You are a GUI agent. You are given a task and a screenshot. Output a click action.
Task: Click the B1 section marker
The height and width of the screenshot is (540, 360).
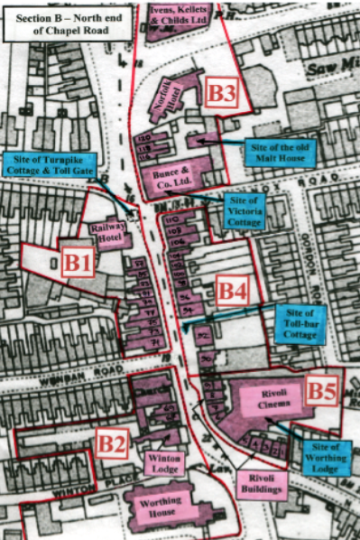click(77, 263)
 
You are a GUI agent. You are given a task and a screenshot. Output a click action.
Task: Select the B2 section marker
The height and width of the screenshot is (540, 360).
click(112, 442)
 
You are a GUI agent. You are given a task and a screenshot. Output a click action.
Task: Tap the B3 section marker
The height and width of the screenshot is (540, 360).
click(221, 93)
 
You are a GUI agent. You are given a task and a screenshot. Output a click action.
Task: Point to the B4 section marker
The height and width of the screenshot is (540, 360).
click(232, 291)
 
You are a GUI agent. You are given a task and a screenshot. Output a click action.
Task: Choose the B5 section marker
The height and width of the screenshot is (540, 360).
click(322, 390)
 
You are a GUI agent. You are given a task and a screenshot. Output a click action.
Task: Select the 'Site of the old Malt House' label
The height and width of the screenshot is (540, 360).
click(282, 151)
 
